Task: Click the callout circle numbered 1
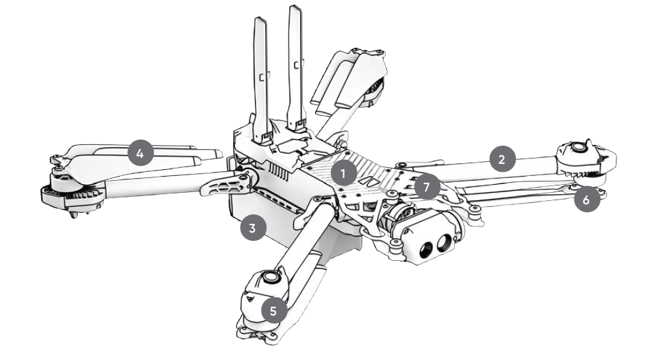pyautogui.click(x=343, y=173)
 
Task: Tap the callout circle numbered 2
pyautogui.click(x=502, y=159)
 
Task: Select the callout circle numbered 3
pyautogui.click(x=252, y=228)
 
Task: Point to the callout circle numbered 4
pyautogui.click(x=140, y=153)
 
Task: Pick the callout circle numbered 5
pyautogui.click(x=274, y=310)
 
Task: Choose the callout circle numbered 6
pyautogui.click(x=587, y=199)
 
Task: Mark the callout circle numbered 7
pyautogui.click(x=427, y=186)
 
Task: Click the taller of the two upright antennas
pyautogui.click(x=296, y=67)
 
